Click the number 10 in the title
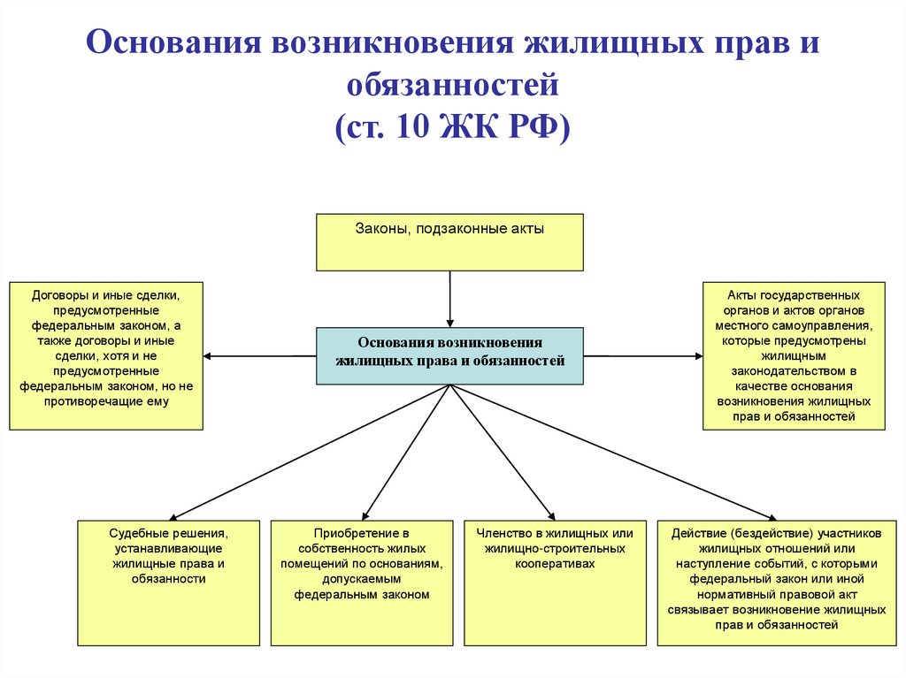(412, 126)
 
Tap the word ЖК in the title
(469, 126)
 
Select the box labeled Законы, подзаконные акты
(449, 242)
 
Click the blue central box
(449, 355)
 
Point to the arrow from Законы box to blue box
(449, 299)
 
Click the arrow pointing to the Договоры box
(259, 356)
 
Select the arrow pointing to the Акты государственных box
(643, 356)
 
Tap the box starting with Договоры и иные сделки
(106, 355)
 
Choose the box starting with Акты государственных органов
(794, 355)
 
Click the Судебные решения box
(169, 583)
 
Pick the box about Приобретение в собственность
(362, 583)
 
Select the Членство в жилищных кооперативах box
(555, 583)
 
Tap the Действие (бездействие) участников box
(777, 583)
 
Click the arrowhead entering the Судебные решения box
(173, 518)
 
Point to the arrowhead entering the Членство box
(552, 515)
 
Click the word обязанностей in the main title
(453, 84)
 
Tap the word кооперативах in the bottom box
(555, 564)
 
